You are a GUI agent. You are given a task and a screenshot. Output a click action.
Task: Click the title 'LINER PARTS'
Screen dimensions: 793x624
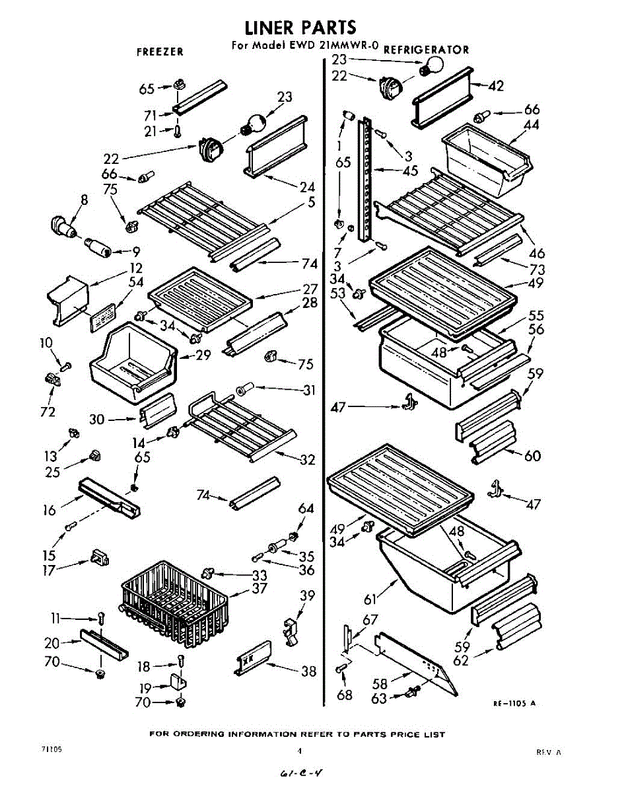(300, 27)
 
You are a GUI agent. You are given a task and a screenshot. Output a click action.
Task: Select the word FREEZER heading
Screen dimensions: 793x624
(160, 52)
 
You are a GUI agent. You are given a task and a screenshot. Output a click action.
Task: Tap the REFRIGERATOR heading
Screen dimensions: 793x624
(427, 50)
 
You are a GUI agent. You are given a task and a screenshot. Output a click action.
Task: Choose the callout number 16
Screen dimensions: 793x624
(49, 510)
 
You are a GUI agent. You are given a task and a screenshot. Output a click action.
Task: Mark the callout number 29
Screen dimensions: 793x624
(203, 356)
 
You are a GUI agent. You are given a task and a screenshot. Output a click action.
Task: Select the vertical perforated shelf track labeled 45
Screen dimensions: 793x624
(363, 178)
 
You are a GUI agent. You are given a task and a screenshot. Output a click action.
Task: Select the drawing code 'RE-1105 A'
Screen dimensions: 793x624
(514, 704)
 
